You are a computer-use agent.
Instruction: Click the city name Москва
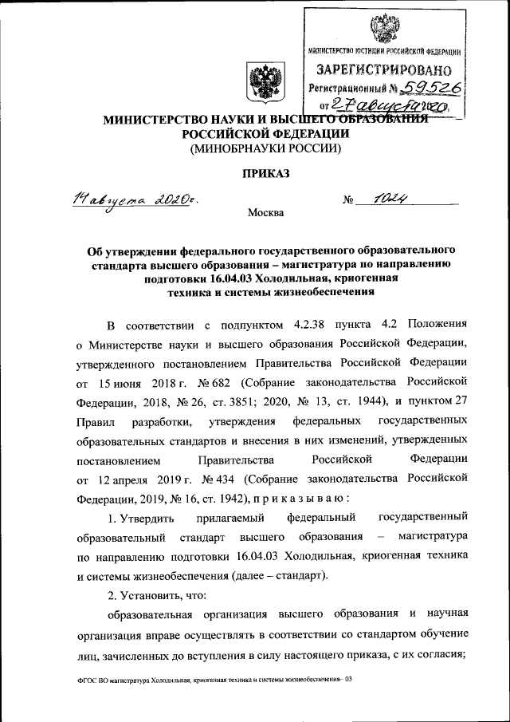tap(265, 213)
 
